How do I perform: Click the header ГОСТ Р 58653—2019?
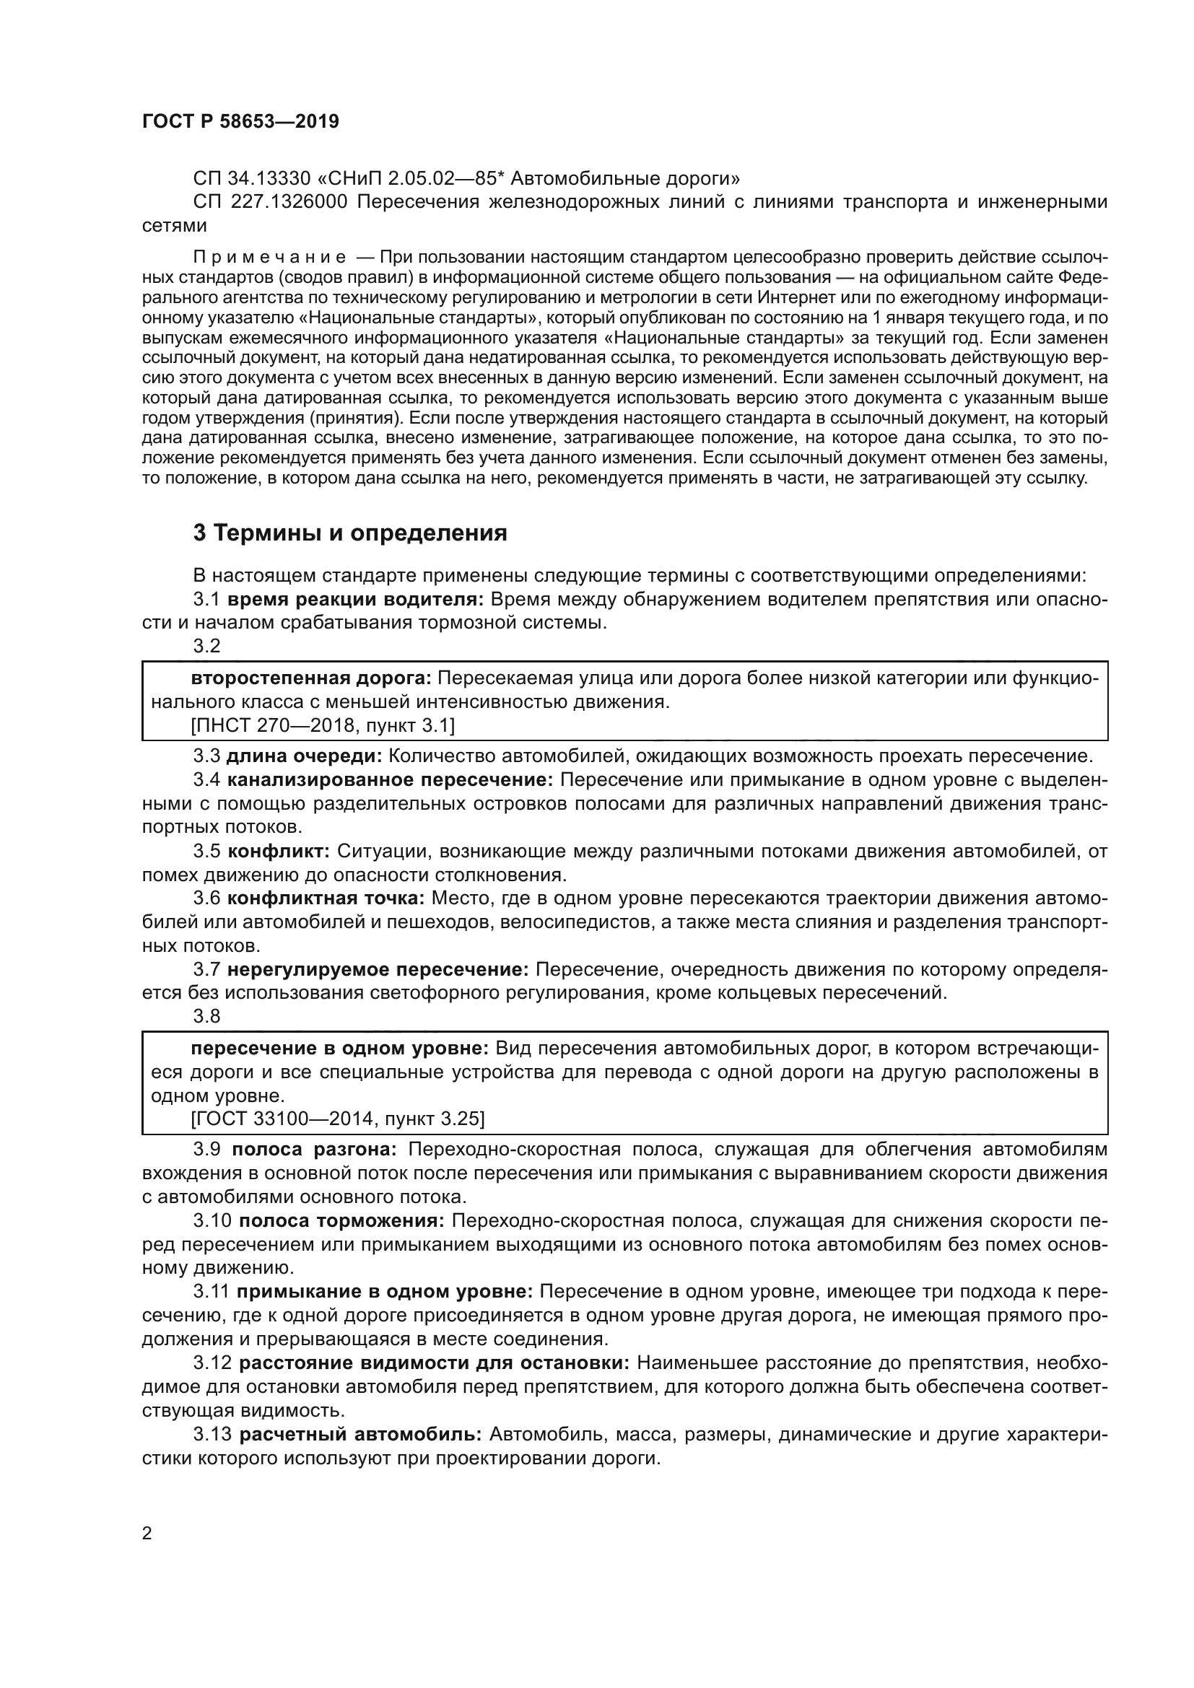(240, 122)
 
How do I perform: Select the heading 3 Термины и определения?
(350, 533)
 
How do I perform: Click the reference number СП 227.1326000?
(270, 202)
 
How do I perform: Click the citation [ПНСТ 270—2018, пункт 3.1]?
(322, 725)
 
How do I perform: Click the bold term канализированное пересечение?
(390, 780)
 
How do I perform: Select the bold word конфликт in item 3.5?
(279, 852)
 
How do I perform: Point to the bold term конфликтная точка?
(326, 898)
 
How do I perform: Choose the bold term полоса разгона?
(315, 1150)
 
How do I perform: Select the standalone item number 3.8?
(206, 1016)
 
